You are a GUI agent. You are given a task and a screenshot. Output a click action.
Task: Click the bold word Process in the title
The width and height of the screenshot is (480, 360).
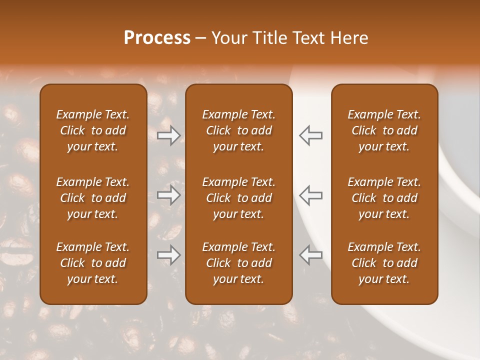coord(157,38)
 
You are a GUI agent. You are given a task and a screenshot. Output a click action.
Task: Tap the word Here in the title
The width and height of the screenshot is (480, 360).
coord(349,38)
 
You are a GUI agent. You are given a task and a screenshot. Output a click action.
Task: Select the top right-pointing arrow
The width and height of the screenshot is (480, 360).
coord(169,135)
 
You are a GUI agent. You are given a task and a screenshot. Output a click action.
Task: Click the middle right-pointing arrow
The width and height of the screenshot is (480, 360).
coord(169,195)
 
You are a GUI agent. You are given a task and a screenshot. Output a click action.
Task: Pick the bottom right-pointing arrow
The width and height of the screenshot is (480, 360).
coord(169,255)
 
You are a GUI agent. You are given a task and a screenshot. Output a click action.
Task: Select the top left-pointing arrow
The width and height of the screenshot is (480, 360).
coord(310,135)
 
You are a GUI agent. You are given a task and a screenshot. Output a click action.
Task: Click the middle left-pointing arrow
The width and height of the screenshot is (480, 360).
coord(310,195)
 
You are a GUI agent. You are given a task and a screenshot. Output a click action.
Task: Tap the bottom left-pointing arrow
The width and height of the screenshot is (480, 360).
coord(310,255)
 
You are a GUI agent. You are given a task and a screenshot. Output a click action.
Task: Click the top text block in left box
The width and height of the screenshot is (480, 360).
coord(93,130)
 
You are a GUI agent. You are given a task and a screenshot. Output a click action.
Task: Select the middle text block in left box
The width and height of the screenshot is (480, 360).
coord(93,198)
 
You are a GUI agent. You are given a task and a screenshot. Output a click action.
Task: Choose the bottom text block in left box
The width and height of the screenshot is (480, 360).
coord(93,263)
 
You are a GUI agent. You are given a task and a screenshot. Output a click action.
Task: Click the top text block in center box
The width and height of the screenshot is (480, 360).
coord(238,130)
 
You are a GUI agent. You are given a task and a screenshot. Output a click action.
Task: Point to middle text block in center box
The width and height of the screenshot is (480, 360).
coord(238,198)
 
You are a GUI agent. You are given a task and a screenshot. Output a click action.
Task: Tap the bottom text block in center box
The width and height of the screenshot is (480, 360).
coord(238,263)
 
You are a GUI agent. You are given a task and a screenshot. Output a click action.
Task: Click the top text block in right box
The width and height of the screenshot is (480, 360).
coord(384,130)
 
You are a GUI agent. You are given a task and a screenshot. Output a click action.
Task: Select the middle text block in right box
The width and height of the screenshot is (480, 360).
coord(384,198)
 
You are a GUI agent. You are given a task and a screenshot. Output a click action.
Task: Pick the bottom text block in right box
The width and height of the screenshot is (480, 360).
coord(384,263)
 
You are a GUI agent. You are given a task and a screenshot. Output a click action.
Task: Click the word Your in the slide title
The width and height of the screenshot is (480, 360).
coord(227,38)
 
